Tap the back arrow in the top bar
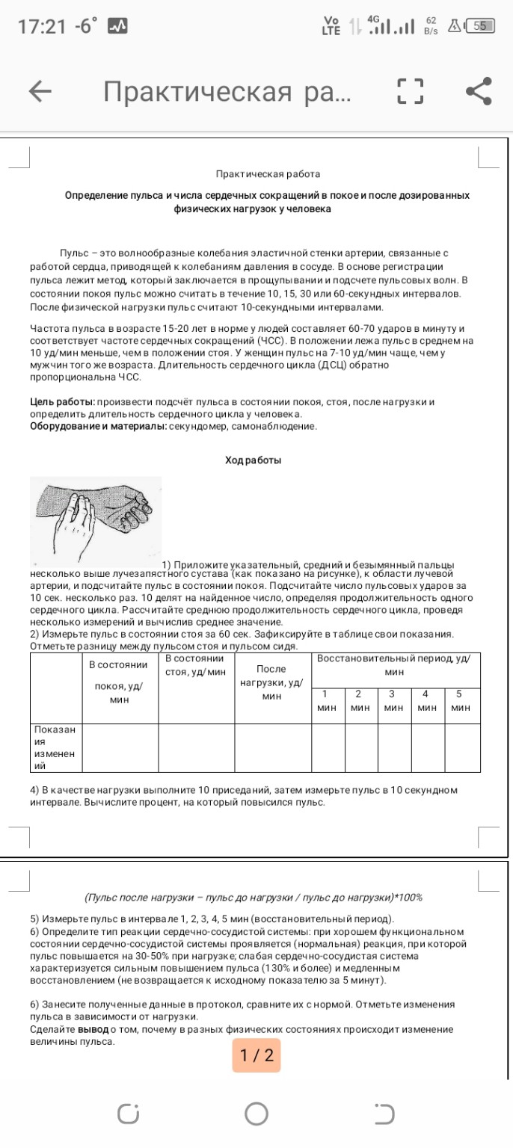pos(40,91)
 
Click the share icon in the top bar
pos(479,91)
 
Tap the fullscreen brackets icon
pos(410,91)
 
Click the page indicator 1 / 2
pos(256,1055)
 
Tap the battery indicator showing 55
pos(479,26)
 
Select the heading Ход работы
pos(254,460)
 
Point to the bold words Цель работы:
pos(62,402)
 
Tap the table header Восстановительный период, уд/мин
pos(394,664)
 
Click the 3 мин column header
pos(393,701)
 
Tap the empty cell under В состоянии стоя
pos(197,747)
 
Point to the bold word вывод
pos(93,1029)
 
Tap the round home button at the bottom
pos(256,1114)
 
